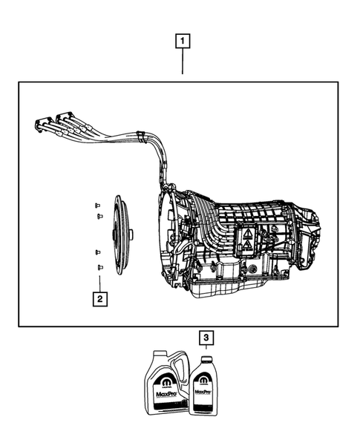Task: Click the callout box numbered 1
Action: pyautogui.click(x=183, y=42)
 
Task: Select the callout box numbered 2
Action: pyautogui.click(x=97, y=299)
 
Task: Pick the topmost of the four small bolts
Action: pyautogui.click(x=96, y=204)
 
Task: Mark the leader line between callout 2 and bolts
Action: pyautogui.click(x=98, y=281)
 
